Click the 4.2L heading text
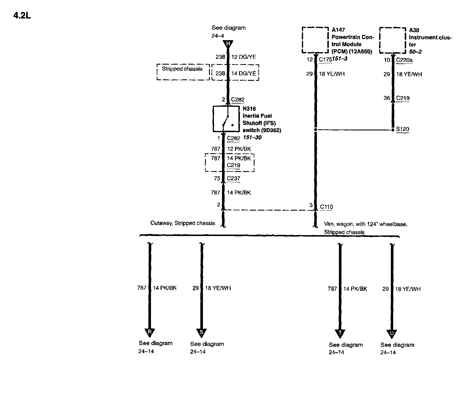[x=22, y=16]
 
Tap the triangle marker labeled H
[x=228, y=44]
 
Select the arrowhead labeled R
[x=150, y=332]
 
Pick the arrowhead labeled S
[x=201, y=333]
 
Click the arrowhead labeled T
[x=340, y=333]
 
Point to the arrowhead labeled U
[x=392, y=334]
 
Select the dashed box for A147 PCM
[x=315, y=40]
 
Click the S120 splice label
[x=402, y=129]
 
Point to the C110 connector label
[x=326, y=207]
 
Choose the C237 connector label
[x=233, y=178]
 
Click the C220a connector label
[x=404, y=60]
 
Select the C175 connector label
[x=325, y=60]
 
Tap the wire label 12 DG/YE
[x=244, y=57]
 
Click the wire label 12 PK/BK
[x=239, y=149]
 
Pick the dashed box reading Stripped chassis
[x=183, y=72]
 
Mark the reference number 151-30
[x=252, y=138]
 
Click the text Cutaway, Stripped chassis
[x=183, y=223]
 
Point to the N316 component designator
[x=249, y=109]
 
